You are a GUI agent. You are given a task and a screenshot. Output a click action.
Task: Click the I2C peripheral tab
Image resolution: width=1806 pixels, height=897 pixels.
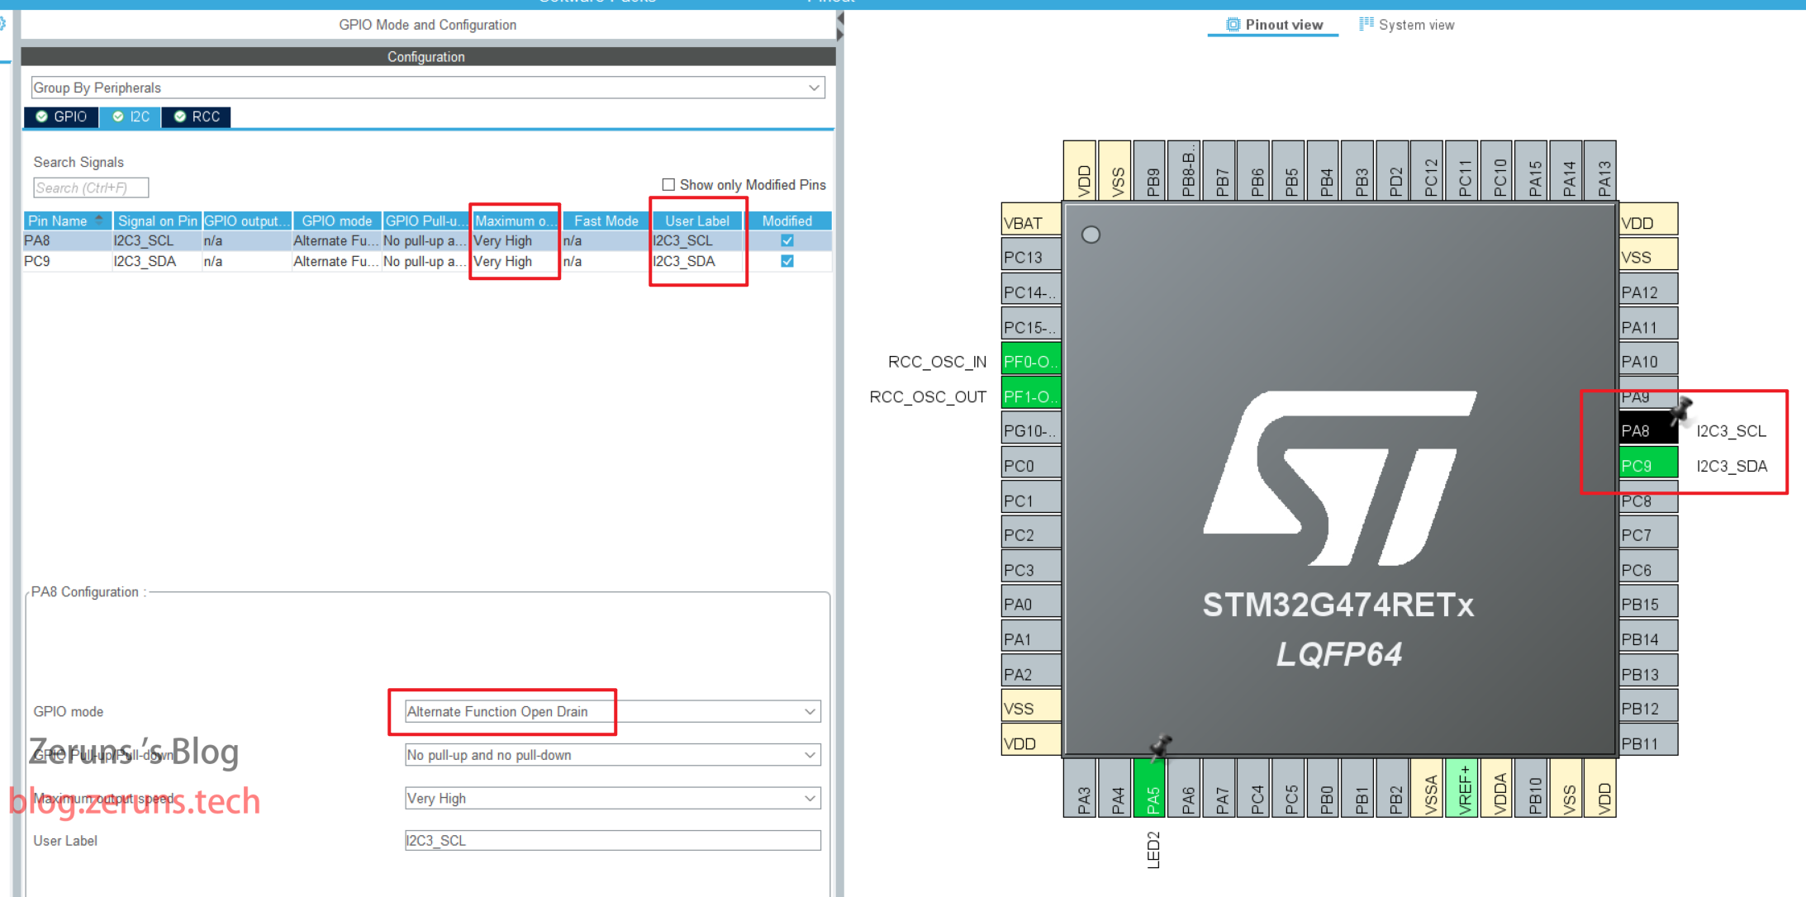point(131,117)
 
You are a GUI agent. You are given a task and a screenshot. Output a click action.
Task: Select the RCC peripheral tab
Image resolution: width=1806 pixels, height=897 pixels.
point(197,117)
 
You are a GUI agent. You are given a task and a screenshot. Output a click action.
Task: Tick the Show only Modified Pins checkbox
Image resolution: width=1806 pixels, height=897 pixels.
point(668,185)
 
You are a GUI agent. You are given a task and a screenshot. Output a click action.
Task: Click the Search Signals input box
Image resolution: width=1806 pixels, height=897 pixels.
point(91,188)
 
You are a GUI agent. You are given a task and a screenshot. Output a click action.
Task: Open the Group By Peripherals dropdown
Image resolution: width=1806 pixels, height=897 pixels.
point(427,88)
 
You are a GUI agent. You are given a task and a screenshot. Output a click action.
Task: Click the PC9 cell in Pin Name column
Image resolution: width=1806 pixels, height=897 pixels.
point(38,262)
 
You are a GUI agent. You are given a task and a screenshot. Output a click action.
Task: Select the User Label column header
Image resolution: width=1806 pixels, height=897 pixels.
point(697,221)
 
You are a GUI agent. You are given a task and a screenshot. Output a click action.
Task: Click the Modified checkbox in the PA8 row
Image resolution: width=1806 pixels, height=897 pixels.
point(787,241)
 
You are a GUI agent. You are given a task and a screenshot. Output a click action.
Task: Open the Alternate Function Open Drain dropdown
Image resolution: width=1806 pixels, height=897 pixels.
point(611,712)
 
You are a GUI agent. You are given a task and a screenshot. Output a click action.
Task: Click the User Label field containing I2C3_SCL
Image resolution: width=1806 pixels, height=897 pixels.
point(611,841)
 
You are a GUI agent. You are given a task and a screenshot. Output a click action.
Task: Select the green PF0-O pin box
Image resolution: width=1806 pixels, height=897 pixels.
point(1030,362)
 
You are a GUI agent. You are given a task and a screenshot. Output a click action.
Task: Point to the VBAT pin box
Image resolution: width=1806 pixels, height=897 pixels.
point(1030,223)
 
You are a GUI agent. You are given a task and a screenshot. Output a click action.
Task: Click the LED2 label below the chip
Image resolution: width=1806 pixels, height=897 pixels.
point(1154,850)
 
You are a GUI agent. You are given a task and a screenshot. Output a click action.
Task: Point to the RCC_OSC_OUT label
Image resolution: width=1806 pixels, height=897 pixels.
point(928,397)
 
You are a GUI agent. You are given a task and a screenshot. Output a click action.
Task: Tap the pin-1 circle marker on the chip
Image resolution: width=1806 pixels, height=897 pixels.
point(1091,235)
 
